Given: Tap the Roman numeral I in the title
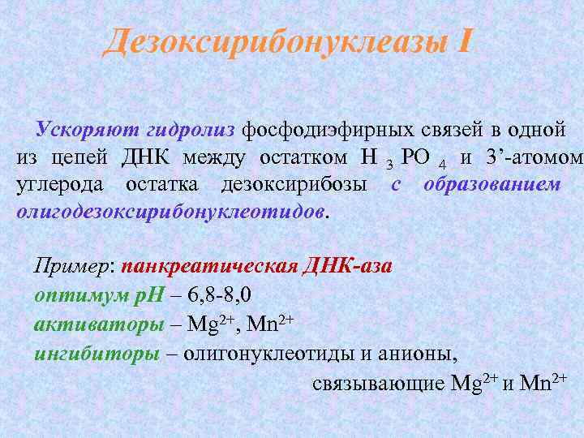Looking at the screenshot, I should point(463,41).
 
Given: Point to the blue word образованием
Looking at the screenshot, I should point(492,184).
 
